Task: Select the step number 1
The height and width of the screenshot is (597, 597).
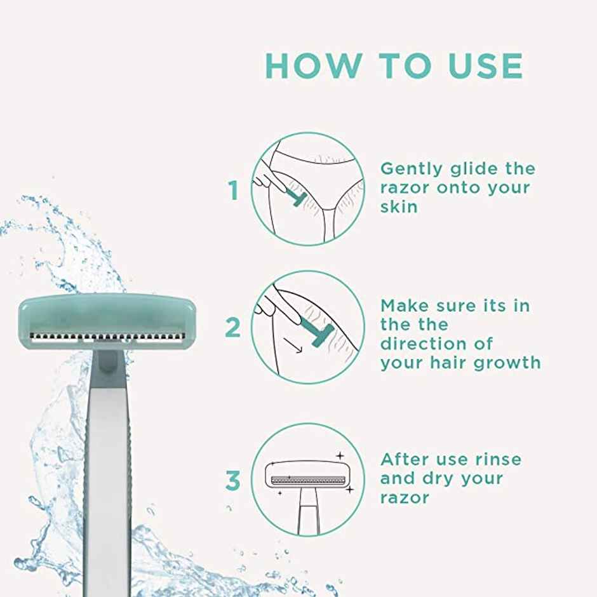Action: tap(234, 190)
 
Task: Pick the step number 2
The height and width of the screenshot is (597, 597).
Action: tap(233, 328)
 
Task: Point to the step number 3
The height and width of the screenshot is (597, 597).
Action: tap(233, 481)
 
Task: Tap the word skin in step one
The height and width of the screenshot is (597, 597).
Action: tap(399, 206)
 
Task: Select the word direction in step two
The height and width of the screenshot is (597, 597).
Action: tap(424, 344)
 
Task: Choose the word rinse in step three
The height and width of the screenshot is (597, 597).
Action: tap(497, 459)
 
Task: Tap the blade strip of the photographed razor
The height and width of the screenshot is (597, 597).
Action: tap(106, 337)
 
